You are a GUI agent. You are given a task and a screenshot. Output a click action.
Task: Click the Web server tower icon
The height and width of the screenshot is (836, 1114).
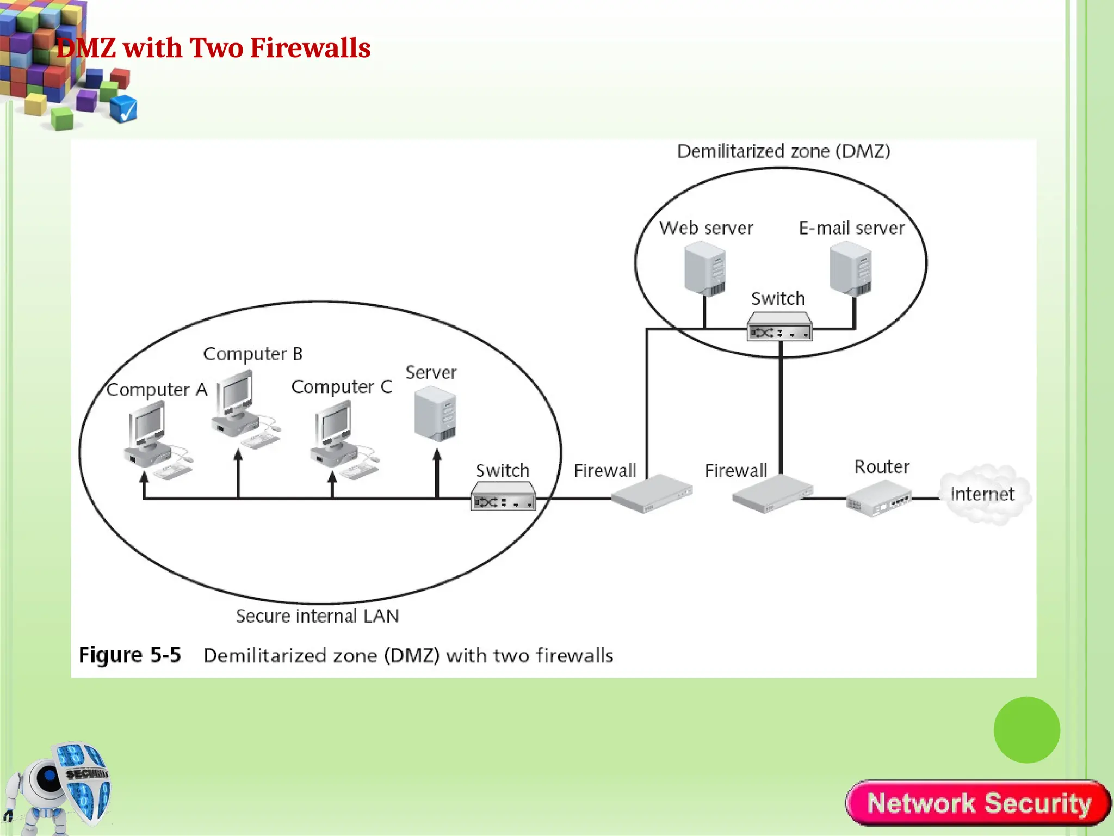click(705, 269)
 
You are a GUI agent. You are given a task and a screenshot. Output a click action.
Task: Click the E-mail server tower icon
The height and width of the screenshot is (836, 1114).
click(851, 269)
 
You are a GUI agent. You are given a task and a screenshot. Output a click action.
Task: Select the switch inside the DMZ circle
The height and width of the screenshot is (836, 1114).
click(779, 327)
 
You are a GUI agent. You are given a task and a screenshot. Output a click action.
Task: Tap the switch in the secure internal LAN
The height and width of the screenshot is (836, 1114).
click(503, 496)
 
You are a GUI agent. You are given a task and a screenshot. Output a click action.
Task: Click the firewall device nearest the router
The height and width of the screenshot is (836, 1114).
click(771, 494)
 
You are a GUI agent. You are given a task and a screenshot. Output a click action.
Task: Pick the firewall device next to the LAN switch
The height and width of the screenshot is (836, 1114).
click(651, 494)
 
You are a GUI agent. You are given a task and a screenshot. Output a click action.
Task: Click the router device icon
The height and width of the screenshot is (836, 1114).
click(878, 499)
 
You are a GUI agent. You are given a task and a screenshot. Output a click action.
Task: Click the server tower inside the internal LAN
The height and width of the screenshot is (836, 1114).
click(435, 413)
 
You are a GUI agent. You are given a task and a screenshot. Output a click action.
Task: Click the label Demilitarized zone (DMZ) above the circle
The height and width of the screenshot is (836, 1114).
click(783, 151)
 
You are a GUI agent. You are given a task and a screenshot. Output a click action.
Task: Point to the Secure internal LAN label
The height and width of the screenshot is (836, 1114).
click(317, 616)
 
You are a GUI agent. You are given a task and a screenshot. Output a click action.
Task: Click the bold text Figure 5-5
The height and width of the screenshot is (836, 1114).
click(129, 655)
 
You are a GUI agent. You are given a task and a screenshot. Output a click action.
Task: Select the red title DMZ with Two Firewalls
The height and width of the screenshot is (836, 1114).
click(213, 48)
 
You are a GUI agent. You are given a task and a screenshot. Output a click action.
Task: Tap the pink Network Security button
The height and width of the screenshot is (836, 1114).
click(978, 803)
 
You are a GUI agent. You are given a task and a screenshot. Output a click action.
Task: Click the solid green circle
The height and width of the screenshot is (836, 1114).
click(1026, 730)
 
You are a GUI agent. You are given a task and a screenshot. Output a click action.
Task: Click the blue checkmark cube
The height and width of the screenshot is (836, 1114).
click(123, 109)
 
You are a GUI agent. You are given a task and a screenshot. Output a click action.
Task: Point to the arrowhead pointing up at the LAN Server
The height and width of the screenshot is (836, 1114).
click(437, 454)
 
